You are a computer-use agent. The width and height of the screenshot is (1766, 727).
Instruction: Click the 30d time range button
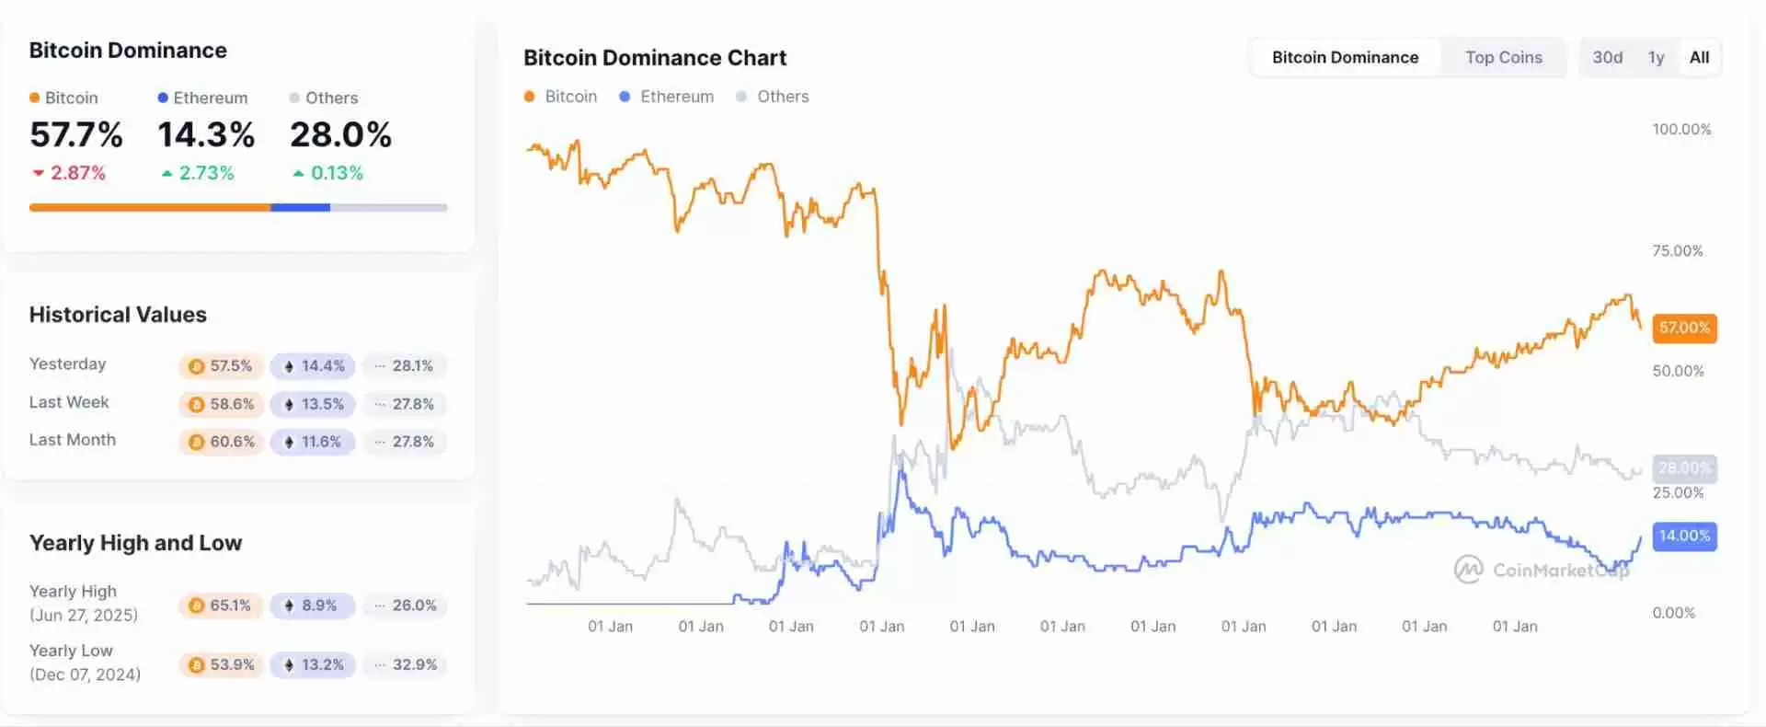1607,57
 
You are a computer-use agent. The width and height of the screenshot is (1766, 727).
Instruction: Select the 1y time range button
1656,57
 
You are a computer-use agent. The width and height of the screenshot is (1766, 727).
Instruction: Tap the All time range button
1699,57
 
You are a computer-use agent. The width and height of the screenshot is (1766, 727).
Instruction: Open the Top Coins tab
1503,57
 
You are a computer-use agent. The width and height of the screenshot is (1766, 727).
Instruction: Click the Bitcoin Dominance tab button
1345,57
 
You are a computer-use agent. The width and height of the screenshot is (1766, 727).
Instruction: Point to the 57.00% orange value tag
1684,328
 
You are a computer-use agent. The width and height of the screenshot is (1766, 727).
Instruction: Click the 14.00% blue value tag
1684,536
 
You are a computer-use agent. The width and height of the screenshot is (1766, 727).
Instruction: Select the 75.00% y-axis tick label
1677,250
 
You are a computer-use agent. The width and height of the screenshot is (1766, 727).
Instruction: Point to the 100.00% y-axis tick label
1681,129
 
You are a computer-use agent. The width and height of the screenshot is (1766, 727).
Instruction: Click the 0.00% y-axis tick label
1673,613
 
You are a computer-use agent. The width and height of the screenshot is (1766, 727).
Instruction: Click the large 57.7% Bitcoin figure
76,135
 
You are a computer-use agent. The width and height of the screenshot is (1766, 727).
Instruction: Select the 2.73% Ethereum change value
206,173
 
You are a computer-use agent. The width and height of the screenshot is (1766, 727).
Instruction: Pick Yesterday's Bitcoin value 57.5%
222,365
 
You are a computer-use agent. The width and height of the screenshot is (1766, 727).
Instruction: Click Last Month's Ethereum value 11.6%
313,442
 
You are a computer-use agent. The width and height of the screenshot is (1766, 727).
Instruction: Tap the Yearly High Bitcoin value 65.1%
221,606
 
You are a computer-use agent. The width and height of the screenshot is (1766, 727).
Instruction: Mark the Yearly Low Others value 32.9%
406,664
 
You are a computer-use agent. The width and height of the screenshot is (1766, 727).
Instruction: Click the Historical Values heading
118,315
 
